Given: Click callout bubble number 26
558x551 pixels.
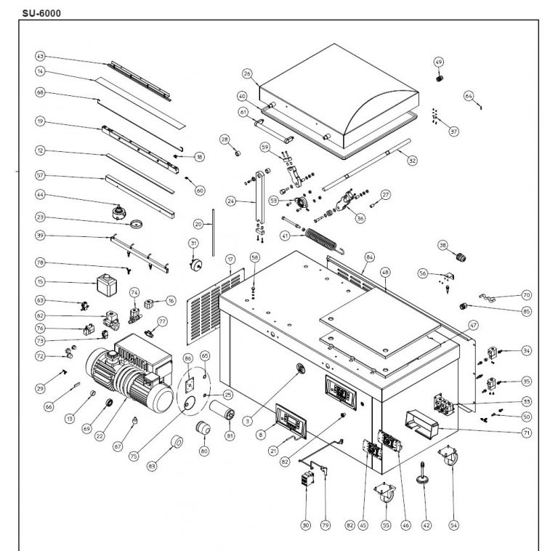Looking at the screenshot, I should (247, 74).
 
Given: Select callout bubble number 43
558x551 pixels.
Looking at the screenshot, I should (41, 56).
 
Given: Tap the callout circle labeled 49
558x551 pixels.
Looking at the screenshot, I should (439, 61).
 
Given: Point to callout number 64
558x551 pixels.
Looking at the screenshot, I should (469, 95).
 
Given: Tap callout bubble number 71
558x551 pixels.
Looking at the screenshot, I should (526, 433).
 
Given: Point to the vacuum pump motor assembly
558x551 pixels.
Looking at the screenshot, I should (131, 374).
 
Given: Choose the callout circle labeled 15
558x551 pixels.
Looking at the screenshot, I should (41, 281).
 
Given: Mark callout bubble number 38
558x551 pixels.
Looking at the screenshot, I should (442, 246).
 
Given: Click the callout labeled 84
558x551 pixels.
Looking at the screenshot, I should (370, 257).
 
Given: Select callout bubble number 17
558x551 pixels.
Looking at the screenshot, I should (230, 260).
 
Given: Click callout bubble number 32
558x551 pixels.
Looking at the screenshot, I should (412, 161).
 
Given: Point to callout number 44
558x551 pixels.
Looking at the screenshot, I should (41, 196).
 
